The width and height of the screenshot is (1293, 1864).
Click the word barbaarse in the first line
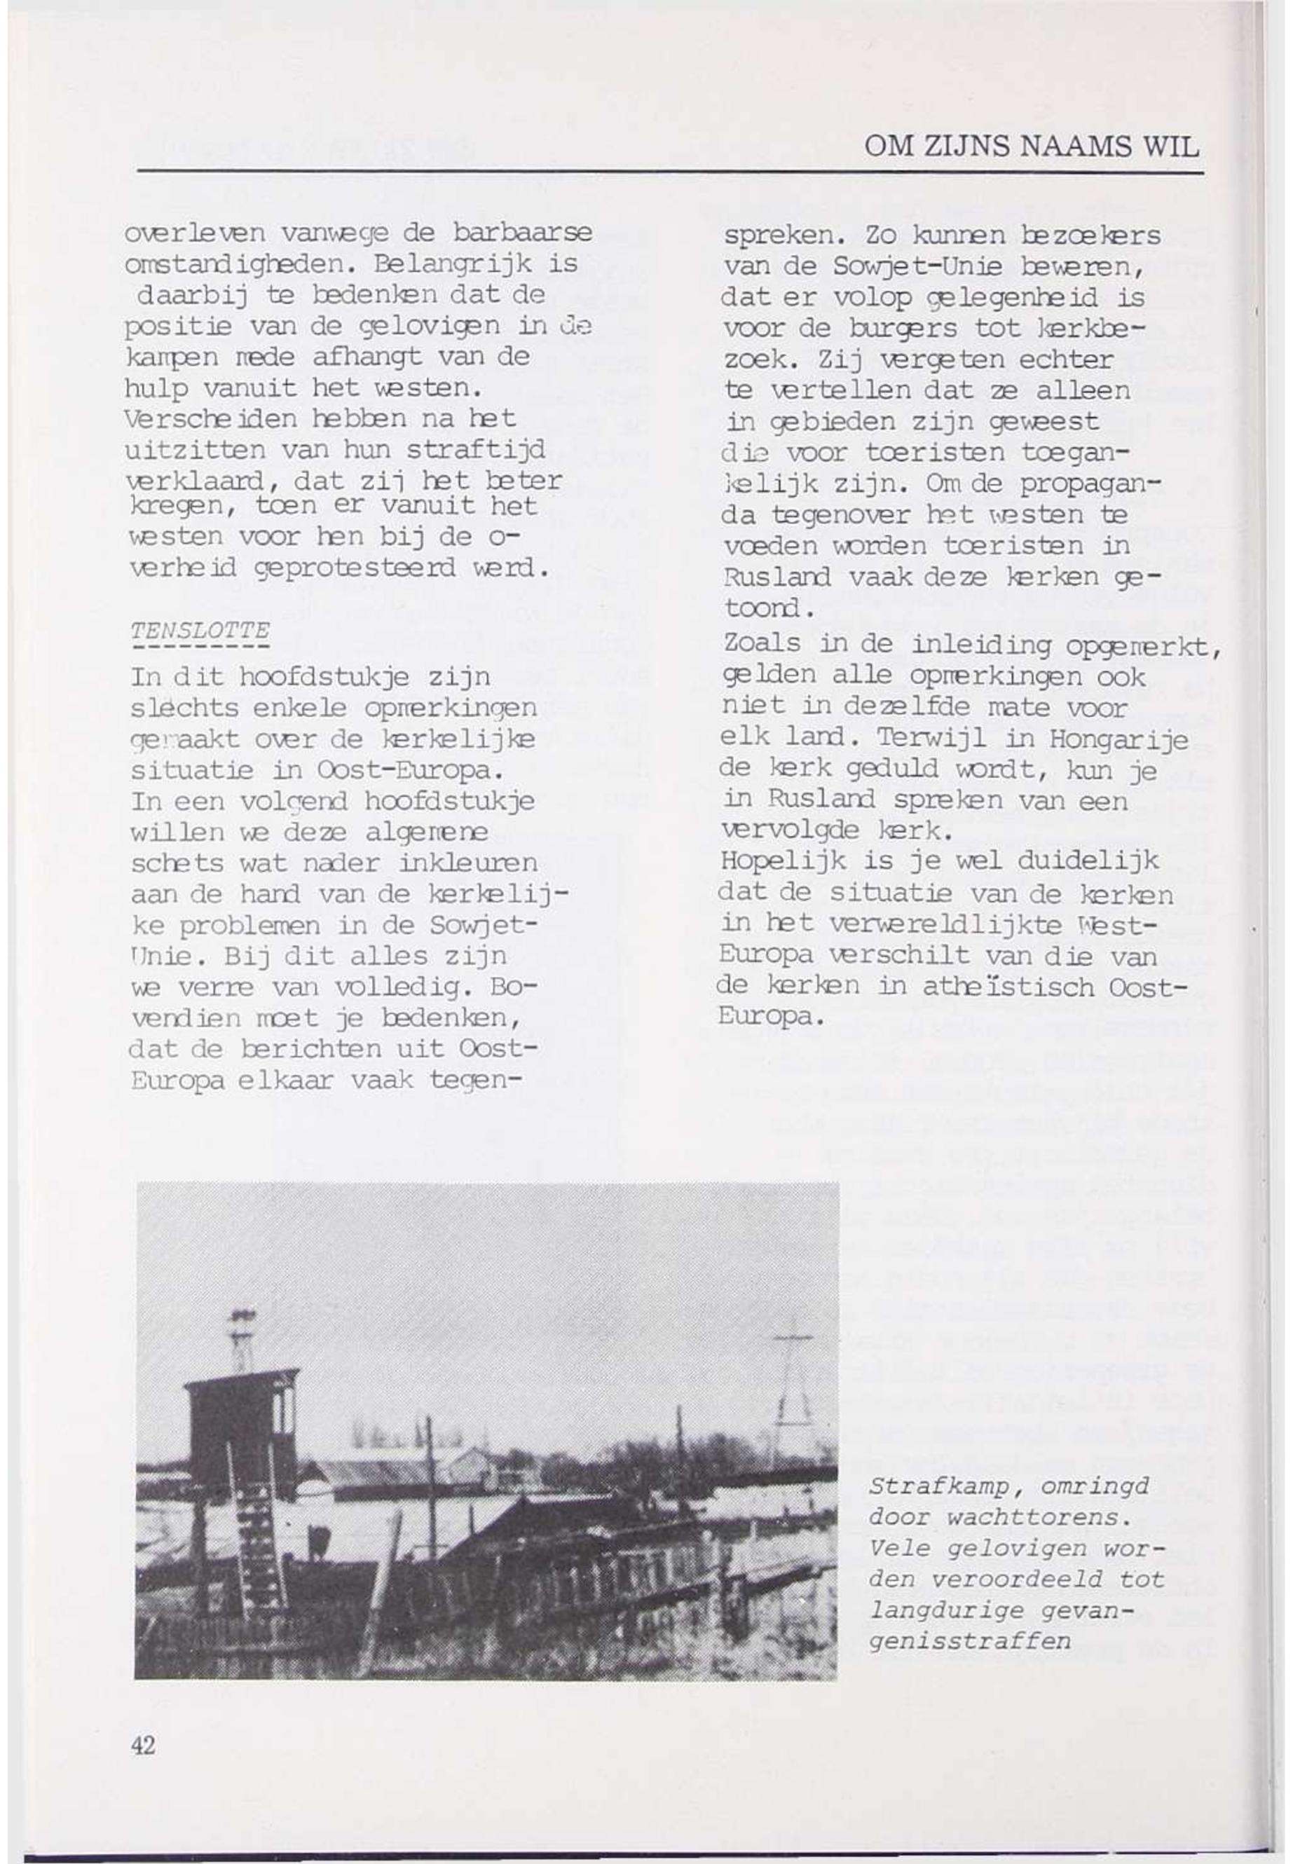click(523, 233)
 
